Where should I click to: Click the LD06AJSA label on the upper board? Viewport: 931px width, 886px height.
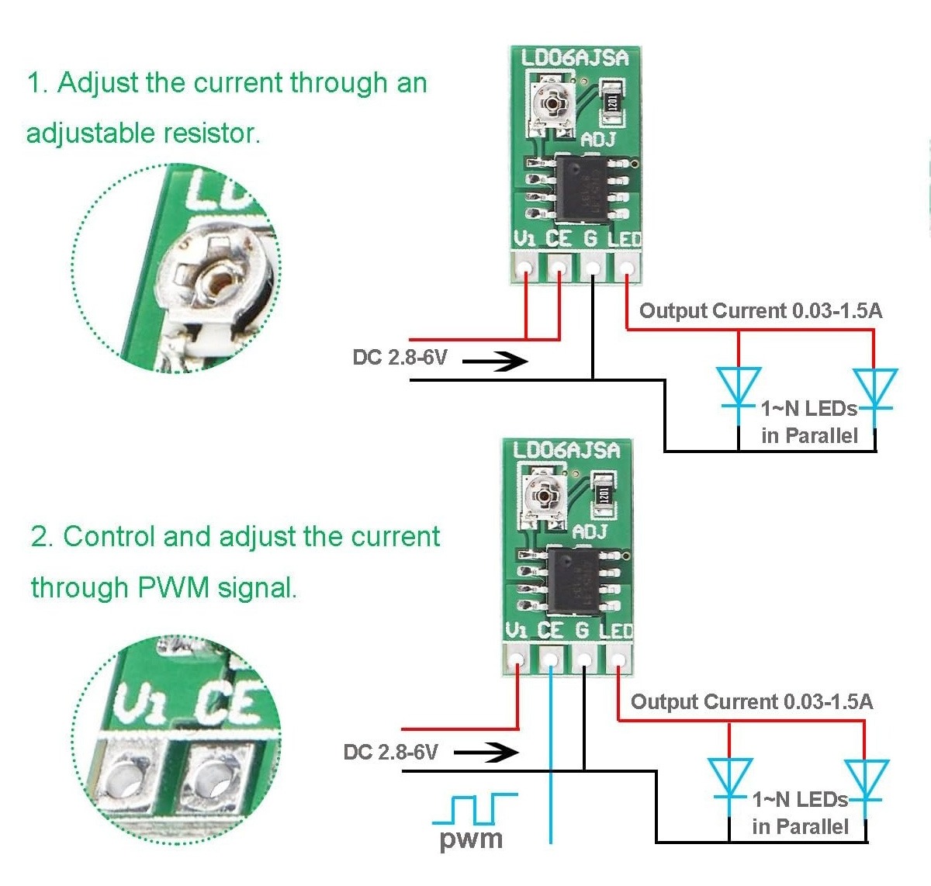click(574, 58)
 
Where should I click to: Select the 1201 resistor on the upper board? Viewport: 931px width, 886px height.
click(612, 102)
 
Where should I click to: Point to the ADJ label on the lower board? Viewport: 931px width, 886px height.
click(590, 532)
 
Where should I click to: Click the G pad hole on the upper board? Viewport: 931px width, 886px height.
click(593, 268)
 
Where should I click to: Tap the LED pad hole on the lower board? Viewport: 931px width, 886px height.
click(618, 660)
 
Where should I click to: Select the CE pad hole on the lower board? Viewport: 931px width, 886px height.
click(549, 660)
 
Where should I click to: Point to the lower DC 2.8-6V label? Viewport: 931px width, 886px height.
click(390, 752)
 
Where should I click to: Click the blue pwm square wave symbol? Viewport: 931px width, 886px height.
click(474, 809)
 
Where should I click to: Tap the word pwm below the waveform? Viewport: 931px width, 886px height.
click(471, 839)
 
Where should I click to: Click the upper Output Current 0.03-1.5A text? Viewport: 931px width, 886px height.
click(760, 311)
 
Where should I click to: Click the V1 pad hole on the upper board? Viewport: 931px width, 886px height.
click(525, 268)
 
